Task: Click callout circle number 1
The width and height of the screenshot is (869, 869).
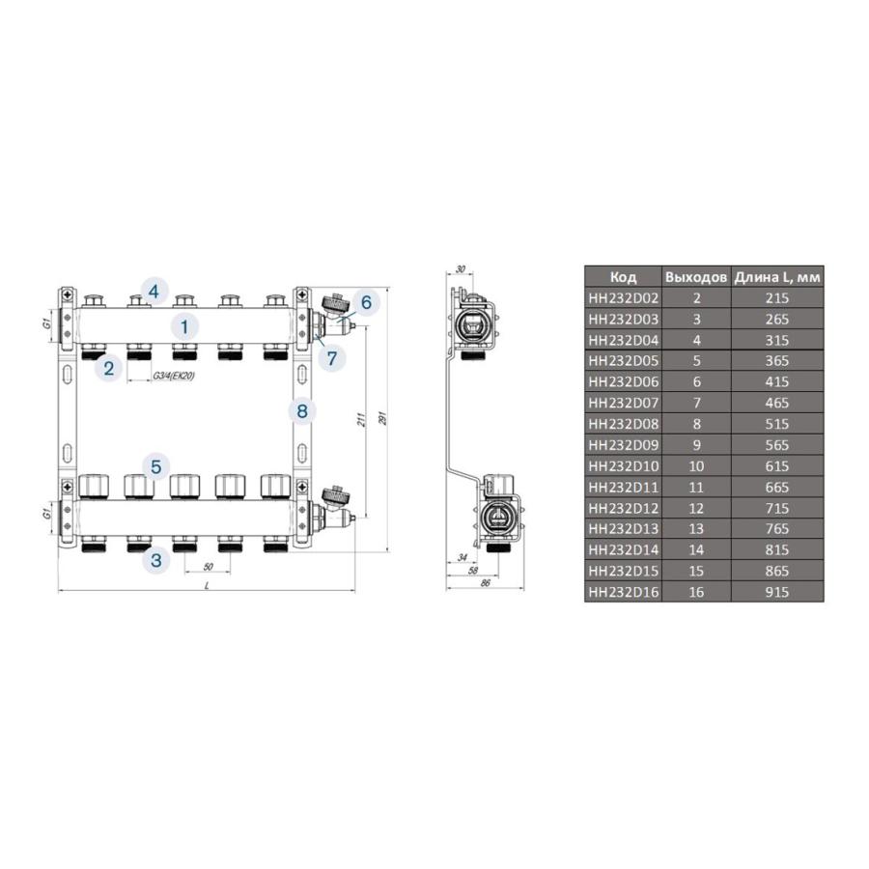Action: click(x=185, y=325)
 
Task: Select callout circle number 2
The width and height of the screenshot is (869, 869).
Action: click(x=109, y=368)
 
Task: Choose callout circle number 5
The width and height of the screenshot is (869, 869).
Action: click(x=155, y=465)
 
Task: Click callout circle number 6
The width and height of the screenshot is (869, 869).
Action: click(x=366, y=302)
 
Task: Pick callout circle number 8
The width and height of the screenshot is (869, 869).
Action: click(x=302, y=412)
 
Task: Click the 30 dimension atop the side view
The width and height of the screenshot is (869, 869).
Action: click(x=460, y=269)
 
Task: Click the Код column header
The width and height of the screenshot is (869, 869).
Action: click(x=624, y=277)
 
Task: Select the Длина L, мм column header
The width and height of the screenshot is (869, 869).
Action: click(x=777, y=277)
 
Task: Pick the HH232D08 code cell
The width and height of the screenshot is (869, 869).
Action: click(x=624, y=424)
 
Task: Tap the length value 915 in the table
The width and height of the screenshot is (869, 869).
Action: click(x=777, y=592)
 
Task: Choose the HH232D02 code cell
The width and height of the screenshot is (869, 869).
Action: click(x=624, y=298)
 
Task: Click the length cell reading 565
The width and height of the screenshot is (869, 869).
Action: click(x=777, y=445)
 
